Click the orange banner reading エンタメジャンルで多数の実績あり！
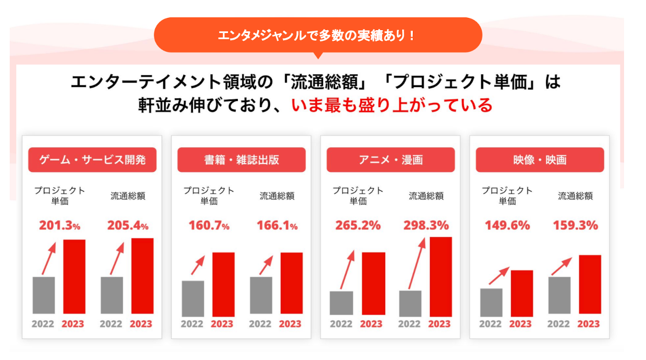coord(317,35)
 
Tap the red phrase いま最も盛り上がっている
coord(391,105)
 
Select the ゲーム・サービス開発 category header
coord(92,160)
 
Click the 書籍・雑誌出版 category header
coord(241,160)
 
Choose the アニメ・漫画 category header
coord(390,160)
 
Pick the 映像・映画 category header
coord(540,160)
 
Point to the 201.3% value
coord(60,225)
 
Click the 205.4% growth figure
coord(128,225)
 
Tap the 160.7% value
coord(209,225)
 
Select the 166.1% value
coord(277,225)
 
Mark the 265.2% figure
coord(358,225)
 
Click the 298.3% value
coord(426,225)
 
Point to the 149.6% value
coord(507,225)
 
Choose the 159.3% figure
coord(576,225)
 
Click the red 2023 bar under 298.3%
coord(440,276)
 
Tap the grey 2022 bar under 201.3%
coord(43,295)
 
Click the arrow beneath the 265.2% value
coord(347,270)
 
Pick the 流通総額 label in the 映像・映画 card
coord(575,196)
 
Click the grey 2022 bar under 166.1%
coord(261,295)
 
